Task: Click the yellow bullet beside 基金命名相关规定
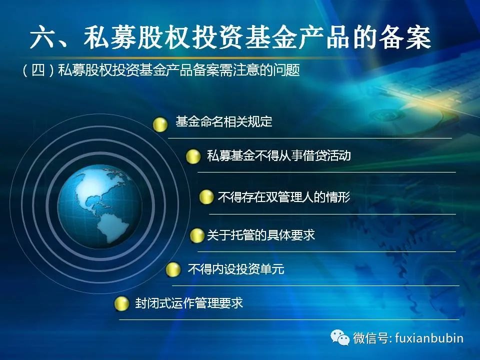(x=160, y=124)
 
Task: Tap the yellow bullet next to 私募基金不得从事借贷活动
(x=193, y=156)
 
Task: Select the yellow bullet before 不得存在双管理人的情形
(x=206, y=197)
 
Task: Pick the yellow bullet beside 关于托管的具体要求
(x=197, y=235)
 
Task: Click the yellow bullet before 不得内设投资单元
(x=173, y=269)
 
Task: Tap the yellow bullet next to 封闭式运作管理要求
(x=121, y=303)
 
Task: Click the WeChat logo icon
(x=340, y=337)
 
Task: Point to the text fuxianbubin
(x=429, y=338)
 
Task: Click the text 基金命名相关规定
(x=224, y=121)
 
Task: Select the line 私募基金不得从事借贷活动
(x=279, y=155)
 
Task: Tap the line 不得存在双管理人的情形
(x=284, y=197)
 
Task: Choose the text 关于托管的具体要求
(x=261, y=235)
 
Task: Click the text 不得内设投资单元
(x=236, y=269)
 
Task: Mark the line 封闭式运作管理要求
(x=189, y=303)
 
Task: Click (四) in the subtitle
(x=38, y=70)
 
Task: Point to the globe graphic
(x=99, y=207)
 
